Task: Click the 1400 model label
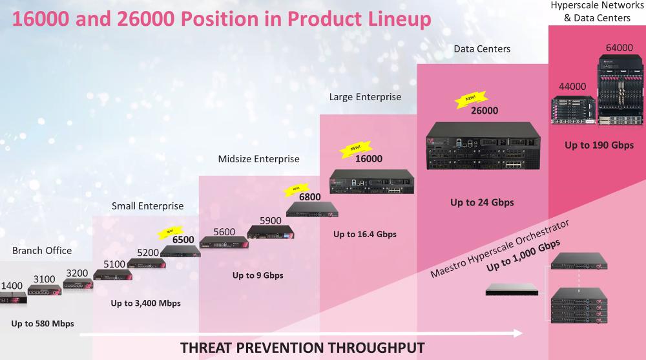point(11,285)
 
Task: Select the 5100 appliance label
point(115,264)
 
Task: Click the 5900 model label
point(270,220)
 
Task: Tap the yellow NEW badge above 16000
point(357,148)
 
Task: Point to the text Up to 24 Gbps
point(482,202)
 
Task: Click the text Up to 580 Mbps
point(43,323)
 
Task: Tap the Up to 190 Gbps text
point(599,145)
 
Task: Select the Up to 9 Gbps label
point(258,275)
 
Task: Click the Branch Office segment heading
point(42,250)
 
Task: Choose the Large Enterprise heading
point(365,97)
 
